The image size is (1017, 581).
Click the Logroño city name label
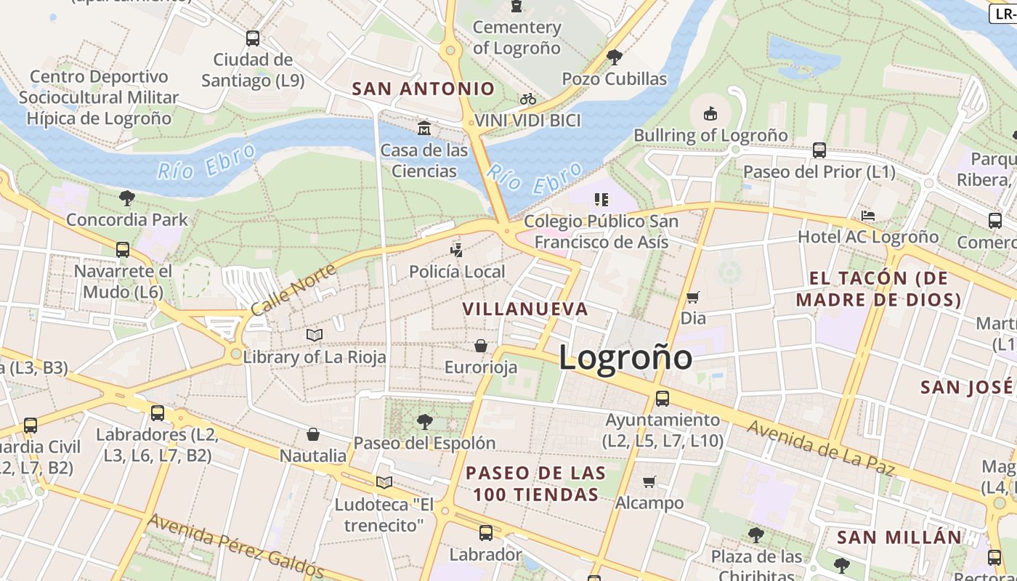[625, 357]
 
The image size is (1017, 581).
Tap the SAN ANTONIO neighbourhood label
[424, 89]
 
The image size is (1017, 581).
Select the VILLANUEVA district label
[525, 309]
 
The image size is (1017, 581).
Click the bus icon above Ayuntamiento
[663, 398]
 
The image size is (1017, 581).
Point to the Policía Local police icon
[456, 251]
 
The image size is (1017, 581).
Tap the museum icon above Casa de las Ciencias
[424, 129]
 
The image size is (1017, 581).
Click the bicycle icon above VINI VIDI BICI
[528, 99]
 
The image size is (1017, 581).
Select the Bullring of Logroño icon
[710, 113]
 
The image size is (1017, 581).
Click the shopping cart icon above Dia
[693, 296]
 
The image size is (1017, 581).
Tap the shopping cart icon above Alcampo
[649, 482]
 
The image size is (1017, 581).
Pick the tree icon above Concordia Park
[127, 198]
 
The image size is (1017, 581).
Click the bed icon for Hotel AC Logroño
[867, 216]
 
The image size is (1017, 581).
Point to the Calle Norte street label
[293, 289]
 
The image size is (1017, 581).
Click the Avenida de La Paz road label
[819, 448]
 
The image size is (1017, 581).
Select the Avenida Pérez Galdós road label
[235, 545]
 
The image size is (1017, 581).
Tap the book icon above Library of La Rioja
[314, 335]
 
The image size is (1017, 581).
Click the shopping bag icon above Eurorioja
[481, 346]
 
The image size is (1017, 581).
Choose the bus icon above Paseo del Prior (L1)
[819, 150]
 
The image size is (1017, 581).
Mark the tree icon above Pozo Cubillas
[615, 57]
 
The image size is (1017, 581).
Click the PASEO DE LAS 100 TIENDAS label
[535, 484]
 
